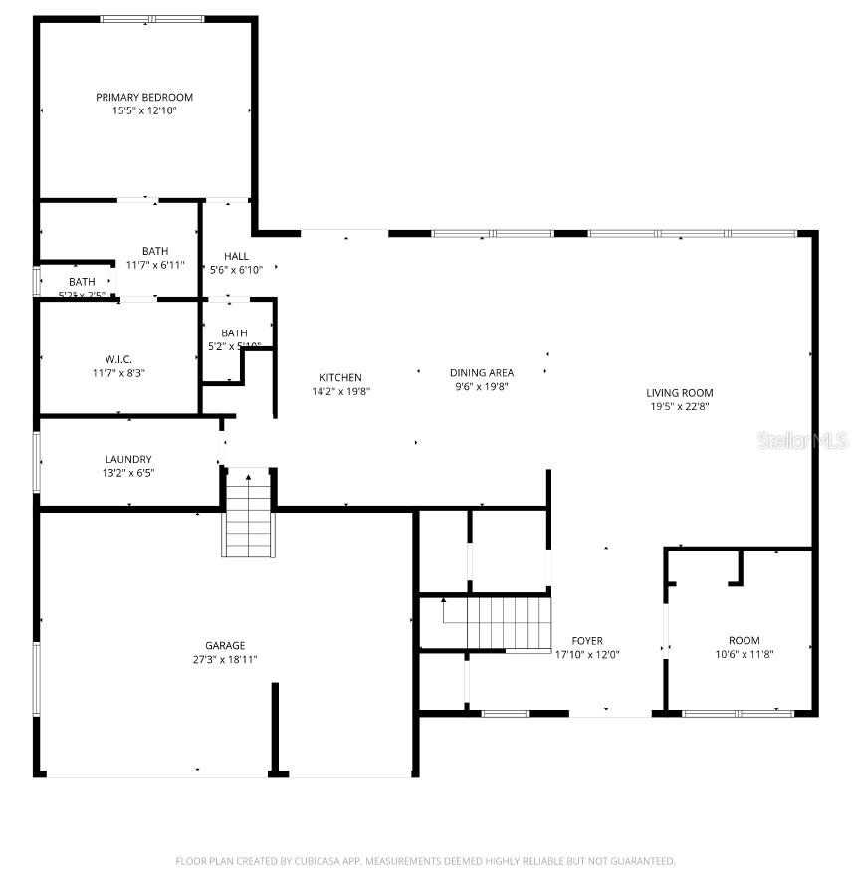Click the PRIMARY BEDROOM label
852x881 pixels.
tap(144, 97)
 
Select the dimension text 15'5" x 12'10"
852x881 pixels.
tap(144, 111)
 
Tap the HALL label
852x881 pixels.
tap(236, 256)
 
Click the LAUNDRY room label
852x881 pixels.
tap(128, 459)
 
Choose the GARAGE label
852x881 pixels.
tap(225, 645)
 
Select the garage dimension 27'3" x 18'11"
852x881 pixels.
tap(225, 659)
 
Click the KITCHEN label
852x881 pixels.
tap(340, 377)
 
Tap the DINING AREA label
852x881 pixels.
tap(482, 373)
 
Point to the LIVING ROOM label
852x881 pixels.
tap(680, 392)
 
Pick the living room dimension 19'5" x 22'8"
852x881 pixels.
tap(680, 406)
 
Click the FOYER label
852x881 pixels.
tap(586, 640)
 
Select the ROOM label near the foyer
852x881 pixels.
tap(744, 640)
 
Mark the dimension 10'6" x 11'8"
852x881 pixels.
tap(744, 654)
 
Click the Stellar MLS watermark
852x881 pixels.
tap(802, 440)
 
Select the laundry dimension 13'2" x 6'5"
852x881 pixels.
tap(128, 473)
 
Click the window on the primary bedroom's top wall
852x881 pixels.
tap(152, 19)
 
